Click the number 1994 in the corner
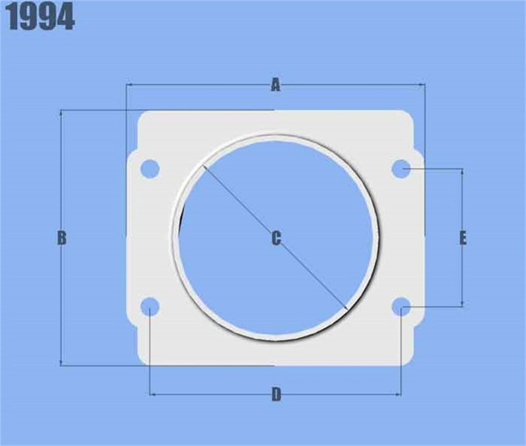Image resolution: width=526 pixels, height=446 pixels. pos(41,18)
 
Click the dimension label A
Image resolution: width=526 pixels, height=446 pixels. pos(275,85)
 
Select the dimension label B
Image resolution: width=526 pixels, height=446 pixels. pos(61,238)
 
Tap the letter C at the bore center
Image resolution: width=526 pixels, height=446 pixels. pos(276,239)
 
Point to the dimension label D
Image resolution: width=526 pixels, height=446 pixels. pos(276,395)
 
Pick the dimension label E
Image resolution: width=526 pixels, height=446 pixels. pos(463,238)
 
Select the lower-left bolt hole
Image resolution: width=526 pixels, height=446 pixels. pos(151,307)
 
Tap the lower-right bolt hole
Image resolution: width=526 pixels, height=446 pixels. pos(402,307)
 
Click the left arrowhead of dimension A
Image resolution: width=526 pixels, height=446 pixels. pos(129,85)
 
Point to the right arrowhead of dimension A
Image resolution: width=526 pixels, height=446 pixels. pos(421,85)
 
